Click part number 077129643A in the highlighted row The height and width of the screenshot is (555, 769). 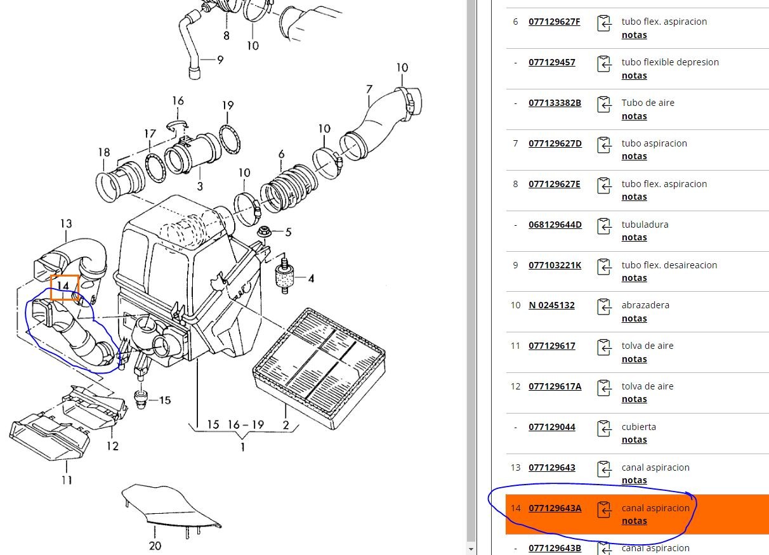555,508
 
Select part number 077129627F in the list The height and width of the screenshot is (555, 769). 554,22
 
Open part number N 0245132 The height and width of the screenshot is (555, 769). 551,305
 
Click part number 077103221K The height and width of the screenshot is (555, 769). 555,265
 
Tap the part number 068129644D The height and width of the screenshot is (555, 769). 555,225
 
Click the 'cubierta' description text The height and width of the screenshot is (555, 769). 638,427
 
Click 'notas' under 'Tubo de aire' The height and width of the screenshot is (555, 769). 634,116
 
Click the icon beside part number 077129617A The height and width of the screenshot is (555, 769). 603,388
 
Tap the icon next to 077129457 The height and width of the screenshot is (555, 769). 603,63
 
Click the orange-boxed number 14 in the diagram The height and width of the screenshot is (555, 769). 64,287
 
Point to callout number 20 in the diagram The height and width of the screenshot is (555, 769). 155,545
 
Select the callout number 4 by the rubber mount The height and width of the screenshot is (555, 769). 311,278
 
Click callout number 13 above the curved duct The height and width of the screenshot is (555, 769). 66,223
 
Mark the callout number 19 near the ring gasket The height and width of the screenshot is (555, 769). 228,105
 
